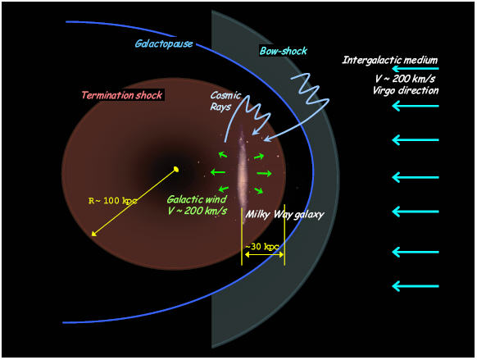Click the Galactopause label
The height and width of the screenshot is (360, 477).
[164, 43]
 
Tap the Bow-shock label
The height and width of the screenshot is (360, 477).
[284, 51]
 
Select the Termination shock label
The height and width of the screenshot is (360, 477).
[121, 95]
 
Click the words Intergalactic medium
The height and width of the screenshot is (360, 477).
[389, 60]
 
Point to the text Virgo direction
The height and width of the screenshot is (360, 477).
[406, 90]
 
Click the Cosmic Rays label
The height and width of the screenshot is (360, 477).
[225, 101]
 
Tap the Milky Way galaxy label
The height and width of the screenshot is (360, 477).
[284, 215]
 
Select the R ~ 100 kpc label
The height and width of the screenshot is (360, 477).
[112, 201]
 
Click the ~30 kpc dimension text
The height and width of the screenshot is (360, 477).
[262, 247]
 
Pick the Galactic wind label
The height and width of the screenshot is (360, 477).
[197, 199]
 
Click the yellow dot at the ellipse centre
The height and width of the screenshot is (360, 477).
[176, 169]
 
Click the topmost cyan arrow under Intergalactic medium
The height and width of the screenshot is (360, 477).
[416, 69]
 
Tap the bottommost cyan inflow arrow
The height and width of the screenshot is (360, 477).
[416, 286]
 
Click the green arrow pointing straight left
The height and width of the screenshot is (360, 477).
[218, 172]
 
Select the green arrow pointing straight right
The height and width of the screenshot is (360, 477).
[265, 174]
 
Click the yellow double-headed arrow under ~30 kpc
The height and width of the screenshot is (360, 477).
[265, 254]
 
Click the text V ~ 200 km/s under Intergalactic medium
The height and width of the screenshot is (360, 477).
[405, 79]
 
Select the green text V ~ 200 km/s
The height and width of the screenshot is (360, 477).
[198, 211]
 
